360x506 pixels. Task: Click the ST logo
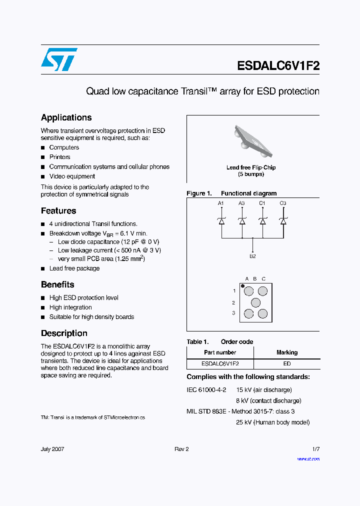coord(59,59)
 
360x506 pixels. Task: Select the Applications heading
coord(66,117)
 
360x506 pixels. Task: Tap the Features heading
coord(58,210)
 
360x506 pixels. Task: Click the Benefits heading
coord(57,284)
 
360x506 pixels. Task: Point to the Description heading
coord(64,333)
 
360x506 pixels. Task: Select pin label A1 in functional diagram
coord(221,203)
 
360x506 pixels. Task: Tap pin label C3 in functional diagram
coord(283,203)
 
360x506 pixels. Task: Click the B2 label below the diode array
coord(252,256)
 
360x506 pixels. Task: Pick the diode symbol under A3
coord(242,220)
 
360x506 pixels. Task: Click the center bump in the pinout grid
coord(255,302)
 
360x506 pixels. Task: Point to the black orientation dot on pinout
coord(243,286)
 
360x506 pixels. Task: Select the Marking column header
coord(287,352)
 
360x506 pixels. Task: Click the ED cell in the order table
coord(287,364)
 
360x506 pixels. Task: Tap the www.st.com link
coord(308,458)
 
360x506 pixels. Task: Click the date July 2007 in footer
coord(52,449)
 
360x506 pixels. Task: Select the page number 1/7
coord(315,449)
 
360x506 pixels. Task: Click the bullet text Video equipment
coord(72,176)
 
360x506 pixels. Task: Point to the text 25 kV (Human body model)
coord(273,422)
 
